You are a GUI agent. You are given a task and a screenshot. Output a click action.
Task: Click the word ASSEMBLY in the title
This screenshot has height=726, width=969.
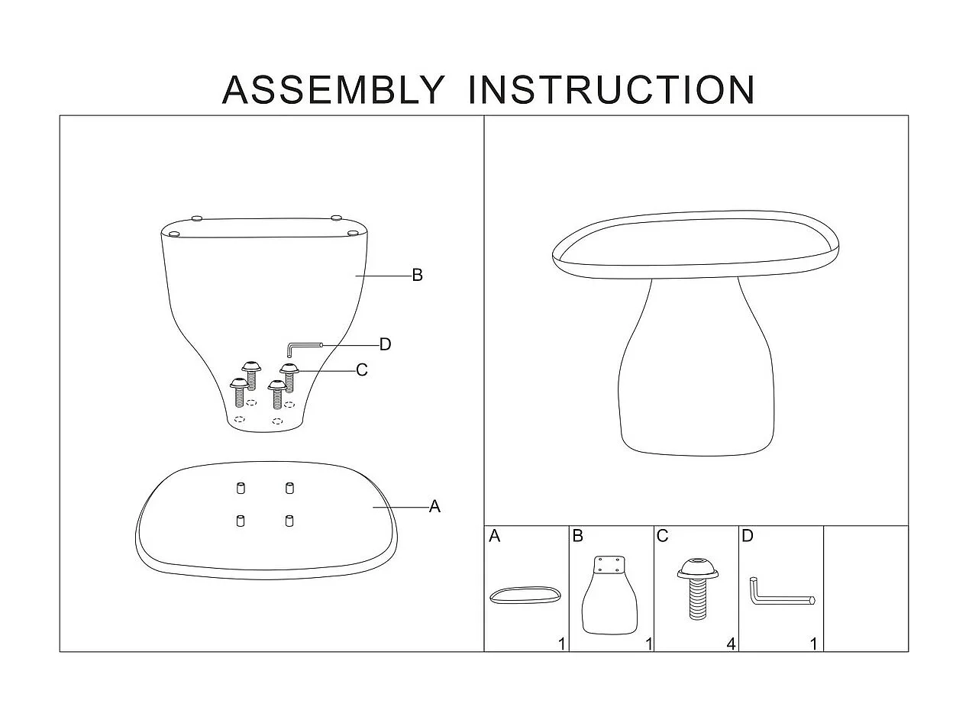(x=332, y=90)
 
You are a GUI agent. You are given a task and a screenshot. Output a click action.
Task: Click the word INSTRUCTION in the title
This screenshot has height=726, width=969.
(x=611, y=90)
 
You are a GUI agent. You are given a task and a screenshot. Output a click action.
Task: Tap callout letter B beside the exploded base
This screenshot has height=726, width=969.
(x=417, y=276)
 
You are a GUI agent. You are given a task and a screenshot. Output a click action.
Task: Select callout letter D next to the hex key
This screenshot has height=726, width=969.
(x=385, y=344)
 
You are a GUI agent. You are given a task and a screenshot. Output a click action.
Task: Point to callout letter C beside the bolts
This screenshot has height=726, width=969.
(x=362, y=370)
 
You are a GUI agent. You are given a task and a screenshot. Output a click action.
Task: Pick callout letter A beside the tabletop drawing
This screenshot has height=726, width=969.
(x=434, y=506)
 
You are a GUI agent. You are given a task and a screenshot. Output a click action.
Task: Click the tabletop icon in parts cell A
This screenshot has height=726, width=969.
(x=525, y=595)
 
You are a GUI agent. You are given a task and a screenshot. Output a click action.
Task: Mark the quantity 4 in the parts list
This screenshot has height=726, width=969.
(x=731, y=644)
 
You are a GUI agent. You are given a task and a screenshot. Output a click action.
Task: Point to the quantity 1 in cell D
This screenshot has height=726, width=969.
(x=814, y=644)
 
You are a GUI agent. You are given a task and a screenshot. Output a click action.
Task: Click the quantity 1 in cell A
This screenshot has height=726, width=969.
(x=562, y=644)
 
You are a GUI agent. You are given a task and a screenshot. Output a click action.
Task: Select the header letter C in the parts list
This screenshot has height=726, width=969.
(x=662, y=536)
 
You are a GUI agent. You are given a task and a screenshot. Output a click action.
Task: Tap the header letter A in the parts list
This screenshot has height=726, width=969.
(x=494, y=536)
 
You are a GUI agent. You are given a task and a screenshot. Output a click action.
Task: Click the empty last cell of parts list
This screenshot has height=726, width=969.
(x=866, y=588)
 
